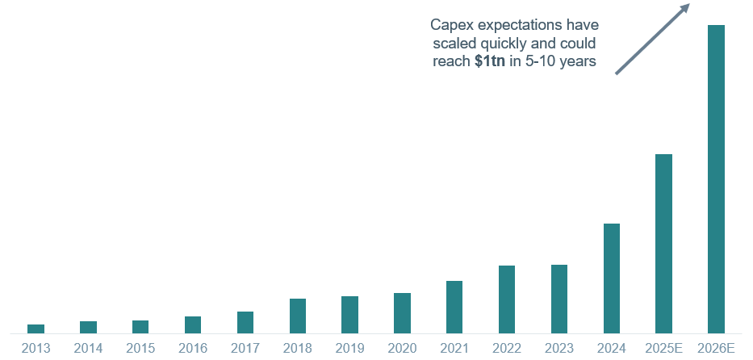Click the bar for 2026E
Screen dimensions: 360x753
(716, 178)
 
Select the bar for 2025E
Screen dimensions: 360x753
(663, 243)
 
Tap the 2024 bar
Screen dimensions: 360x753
(612, 278)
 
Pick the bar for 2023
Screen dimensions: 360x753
(559, 299)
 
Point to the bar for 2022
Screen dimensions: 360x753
(507, 299)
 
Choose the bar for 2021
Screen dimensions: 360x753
(454, 307)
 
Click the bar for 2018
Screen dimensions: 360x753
(298, 316)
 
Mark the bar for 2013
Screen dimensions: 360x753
(36, 329)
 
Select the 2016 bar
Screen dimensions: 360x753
(193, 324)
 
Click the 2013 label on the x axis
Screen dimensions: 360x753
(36, 348)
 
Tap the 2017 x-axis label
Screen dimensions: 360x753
(245, 348)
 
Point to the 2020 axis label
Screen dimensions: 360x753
(402, 348)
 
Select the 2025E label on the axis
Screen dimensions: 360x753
(663, 348)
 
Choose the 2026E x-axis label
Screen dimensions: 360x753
(716, 348)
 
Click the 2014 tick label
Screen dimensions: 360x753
(88, 348)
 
